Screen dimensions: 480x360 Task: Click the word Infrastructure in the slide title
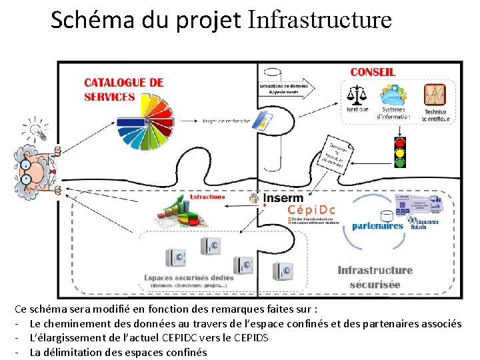pyautogui.click(x=319, y=20)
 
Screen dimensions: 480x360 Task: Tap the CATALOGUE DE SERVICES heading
pyautogui.click(x=123, y=89)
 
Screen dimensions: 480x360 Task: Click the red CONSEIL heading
pyautogui.click(x=373, y=72)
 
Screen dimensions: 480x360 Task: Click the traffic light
pyautogui.click(x=400, y=152)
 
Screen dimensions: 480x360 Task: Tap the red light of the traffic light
pyautogui.click(x=400, y=142)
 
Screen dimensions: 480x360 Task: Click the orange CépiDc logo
pyautogui.click(x=311, y=210)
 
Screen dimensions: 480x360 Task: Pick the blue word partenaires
pyautogui.click(x=378, y=225)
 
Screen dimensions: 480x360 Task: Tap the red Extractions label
pyautogui.click(x=207, y=197)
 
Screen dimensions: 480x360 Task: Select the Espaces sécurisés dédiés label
pyautogui.click(x=189, y=277)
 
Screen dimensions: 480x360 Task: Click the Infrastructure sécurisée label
pyautogui.click(x=375, y=277)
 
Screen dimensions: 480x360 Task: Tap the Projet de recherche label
pyautogui.click(x=227, y=121)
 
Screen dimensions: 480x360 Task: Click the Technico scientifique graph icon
pyautogui.click(x=435, y=94)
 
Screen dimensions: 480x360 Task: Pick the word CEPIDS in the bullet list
pyautogui.click(x=251, y=338)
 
